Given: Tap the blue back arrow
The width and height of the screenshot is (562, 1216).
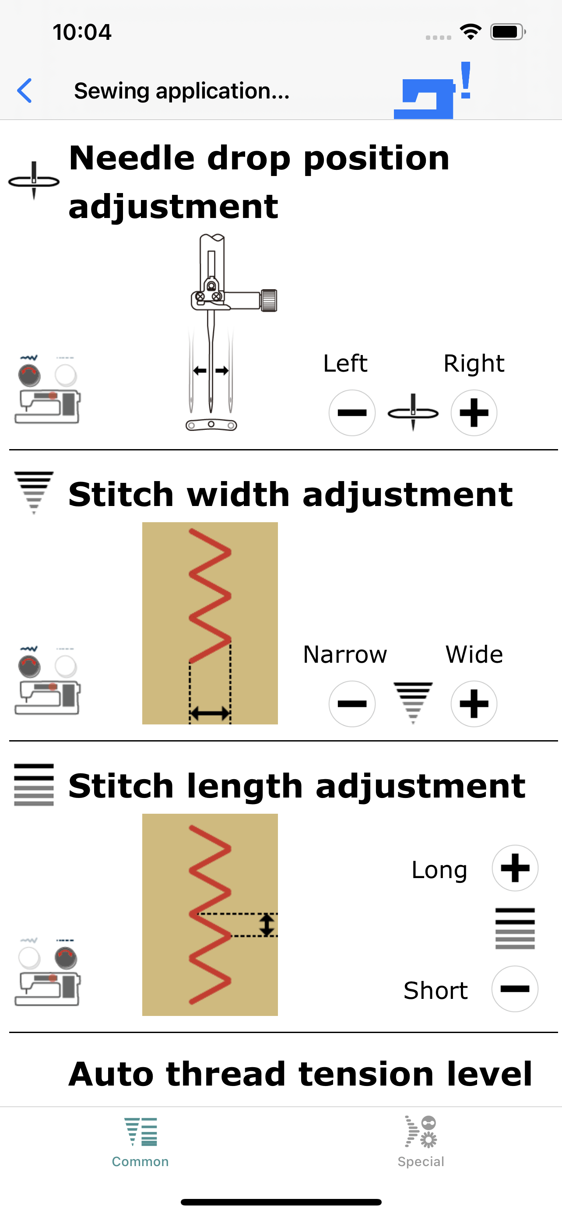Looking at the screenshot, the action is point(24,91).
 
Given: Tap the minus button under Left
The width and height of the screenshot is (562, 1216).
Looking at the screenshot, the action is point(352,413).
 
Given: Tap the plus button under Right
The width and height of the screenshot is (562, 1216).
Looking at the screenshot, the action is point(474,413).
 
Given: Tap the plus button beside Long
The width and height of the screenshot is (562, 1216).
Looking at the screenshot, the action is point(515,868).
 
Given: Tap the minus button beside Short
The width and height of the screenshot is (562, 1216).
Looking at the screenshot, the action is point(515,988).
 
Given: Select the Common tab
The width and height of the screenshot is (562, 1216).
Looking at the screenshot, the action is point(140,1142).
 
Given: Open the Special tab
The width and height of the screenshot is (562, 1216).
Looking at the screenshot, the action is point(421,1142).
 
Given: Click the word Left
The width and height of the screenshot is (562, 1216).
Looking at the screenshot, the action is point(345,363).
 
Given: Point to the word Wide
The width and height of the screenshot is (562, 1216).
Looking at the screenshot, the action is point(474,655).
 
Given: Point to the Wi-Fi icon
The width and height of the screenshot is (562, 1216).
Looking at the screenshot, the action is point(471,32).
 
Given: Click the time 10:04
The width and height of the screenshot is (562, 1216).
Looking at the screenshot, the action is point(82,32).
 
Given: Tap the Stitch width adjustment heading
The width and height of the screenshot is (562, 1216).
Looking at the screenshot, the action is point(290,495).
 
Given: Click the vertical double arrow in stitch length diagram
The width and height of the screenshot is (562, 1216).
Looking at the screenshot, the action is point(267,925).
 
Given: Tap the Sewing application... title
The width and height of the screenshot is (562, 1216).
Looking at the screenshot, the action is point(182,91).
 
